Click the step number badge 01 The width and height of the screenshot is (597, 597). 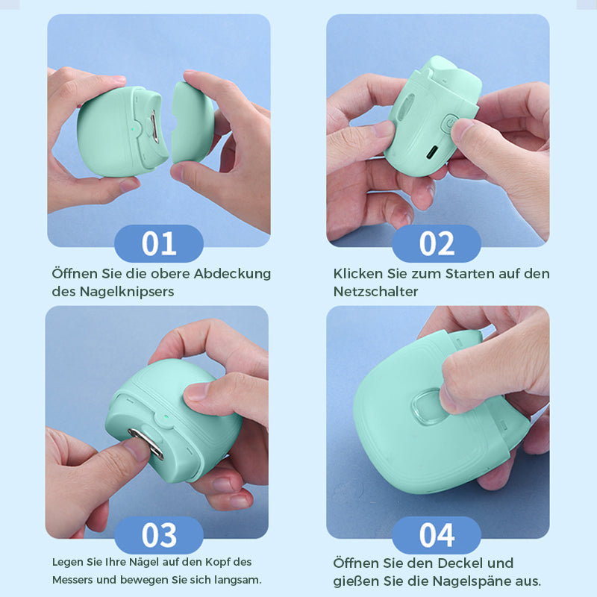[x=158, y=244]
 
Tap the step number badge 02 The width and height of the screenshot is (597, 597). [x=437, y=244]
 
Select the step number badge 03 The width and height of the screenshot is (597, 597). [x=158, y=535]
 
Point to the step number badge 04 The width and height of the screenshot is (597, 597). [x=437, y=535]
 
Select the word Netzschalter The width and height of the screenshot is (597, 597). [x=375, y=292]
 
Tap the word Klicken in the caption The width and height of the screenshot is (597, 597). [x=357, y=273]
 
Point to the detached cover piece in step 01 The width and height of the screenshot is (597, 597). [x=194, y=123]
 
